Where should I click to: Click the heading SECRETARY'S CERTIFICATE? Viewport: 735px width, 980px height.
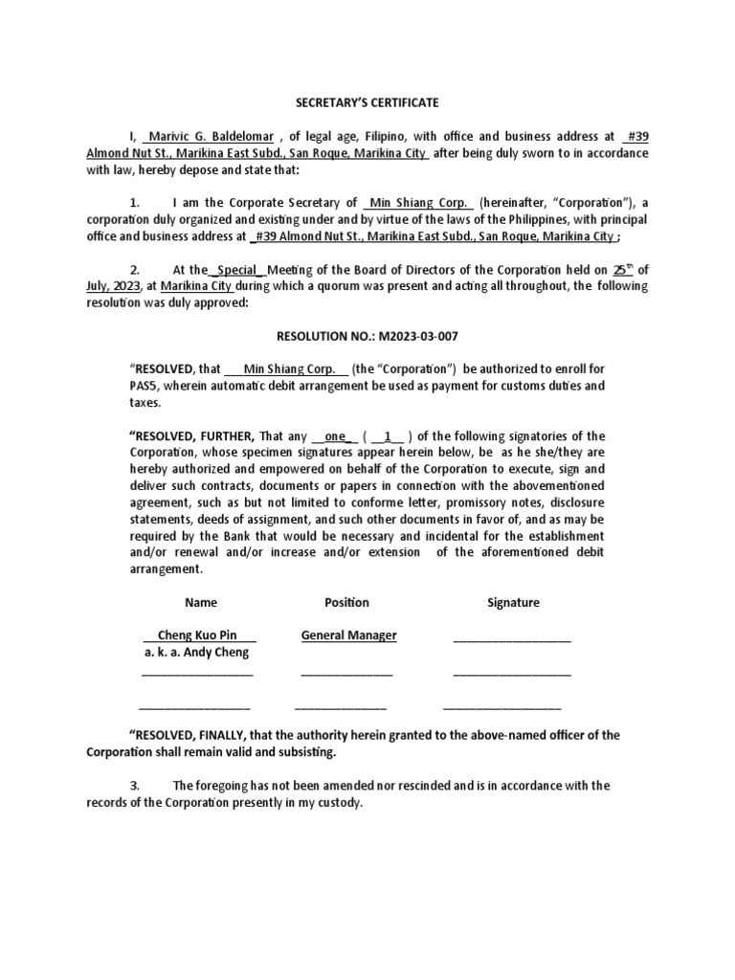pyautogui.click(x=367, y=102)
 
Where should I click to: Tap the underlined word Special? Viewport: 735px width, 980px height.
pyautogui.click(x=235, y=270)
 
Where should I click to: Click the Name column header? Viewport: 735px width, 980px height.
pyautogui.click(x=200, y=602)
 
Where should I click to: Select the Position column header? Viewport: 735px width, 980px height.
pyautogui.click(x=346, y=602)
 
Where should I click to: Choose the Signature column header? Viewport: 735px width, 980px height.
pyautogui.click(x=513, y=602)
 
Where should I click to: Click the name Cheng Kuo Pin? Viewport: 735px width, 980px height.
pyautogui.click(x=198, y=635)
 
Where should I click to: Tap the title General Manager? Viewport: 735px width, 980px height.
pyautogui.click(x=348, y=635)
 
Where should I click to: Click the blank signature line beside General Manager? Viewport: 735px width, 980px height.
pyautogui.click(x=511, y=638)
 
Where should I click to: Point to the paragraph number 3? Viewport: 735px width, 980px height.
pyautogui.click(x=135, y=786)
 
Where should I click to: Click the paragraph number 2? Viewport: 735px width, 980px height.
pyautogui.click(x=135, y=270)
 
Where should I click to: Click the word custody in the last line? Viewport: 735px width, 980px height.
pyautogui.click(x=340, y=803)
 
